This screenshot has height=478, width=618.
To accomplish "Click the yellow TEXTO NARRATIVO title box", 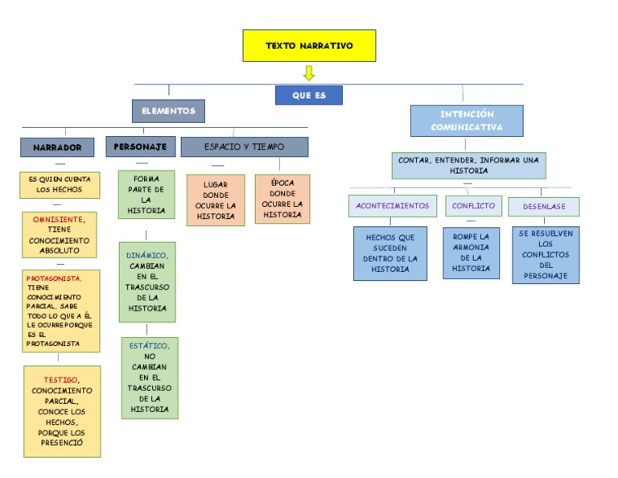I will pos(309,46).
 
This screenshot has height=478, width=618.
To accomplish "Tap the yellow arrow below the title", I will pos(309,73).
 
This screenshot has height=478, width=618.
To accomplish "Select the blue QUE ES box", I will pos(308,95).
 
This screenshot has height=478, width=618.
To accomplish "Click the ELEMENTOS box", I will pos(168,110).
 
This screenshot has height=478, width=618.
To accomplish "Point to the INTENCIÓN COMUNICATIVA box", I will pos(466,121).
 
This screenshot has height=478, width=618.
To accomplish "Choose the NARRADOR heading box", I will pos(57,147).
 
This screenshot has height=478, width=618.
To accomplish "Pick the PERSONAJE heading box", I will pos(140,146).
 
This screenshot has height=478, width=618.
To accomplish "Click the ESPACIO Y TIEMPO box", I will pos(244,146).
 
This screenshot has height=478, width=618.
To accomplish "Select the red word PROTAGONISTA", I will pos(54,278).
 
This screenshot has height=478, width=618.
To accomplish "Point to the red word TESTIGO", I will pos(60,380).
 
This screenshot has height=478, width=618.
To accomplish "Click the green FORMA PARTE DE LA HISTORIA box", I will pos(146,194).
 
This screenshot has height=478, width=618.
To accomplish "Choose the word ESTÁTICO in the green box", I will pos(148,345).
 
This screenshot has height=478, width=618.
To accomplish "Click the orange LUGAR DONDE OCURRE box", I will pos(216,200).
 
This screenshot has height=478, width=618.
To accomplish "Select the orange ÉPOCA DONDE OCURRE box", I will pos(282,199).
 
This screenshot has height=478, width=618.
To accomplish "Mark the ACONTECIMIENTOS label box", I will pos(393,205).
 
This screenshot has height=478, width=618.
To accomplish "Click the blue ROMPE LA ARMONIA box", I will pos(471,253).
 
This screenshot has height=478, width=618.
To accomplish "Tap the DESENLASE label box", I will pos(544,206).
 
